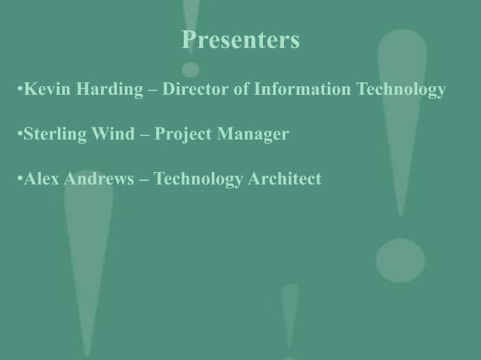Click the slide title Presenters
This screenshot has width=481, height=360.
click(x=240, y=40)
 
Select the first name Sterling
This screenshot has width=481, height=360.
click(x=53, y=136)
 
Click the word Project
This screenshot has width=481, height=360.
click(x=185, y=136)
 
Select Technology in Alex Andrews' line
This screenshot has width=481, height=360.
click(x=197, y=179)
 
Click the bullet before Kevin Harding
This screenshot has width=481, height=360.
click(x=19, y=92)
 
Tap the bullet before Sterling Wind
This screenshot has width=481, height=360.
click(x=19, y=136)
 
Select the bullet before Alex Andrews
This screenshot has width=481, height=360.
click(x=19, y=180)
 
